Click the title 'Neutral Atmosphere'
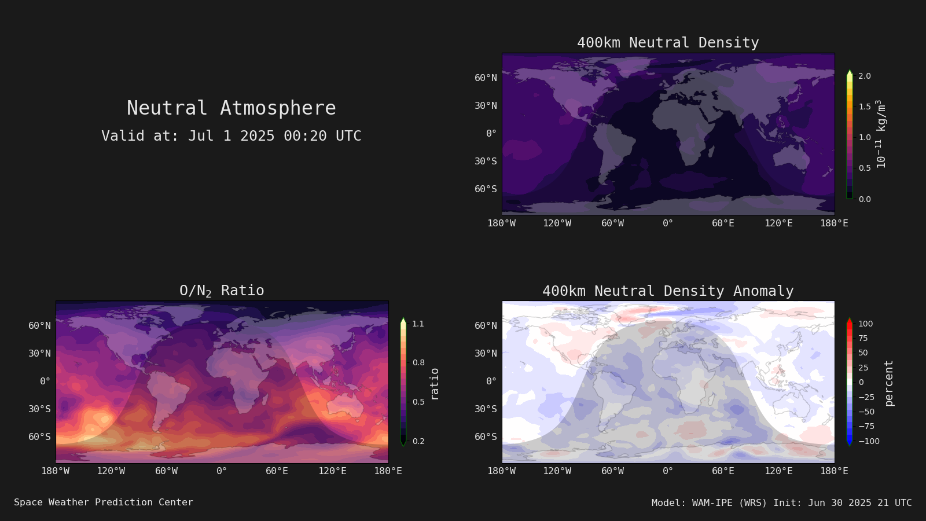(x=231, y=108)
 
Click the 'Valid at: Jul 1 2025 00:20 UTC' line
(x=231, y=135)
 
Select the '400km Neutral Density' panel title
(x=668, y=43)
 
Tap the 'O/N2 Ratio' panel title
(x=222, y=291)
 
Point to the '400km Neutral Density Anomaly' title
(x=668, y=291)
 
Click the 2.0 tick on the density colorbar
(x=865, y=76)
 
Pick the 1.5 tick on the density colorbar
(x=865, y=107)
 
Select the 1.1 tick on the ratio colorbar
(x=418, y=324)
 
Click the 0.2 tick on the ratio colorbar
(x=418, y=441)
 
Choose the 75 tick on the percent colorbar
(x=863, y=338)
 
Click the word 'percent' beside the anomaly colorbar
(x=889, y=383)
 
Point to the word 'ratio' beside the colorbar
(x=434, y=384)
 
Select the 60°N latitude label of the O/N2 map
(x=40, y=325)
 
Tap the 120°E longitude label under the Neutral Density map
(x=778, y=223)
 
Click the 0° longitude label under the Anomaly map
(x=668, y=471)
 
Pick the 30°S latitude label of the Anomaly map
(x=486, y=409)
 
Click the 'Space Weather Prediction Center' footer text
(x=104, y=502)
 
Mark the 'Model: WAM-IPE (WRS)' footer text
(x=709, y=503)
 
